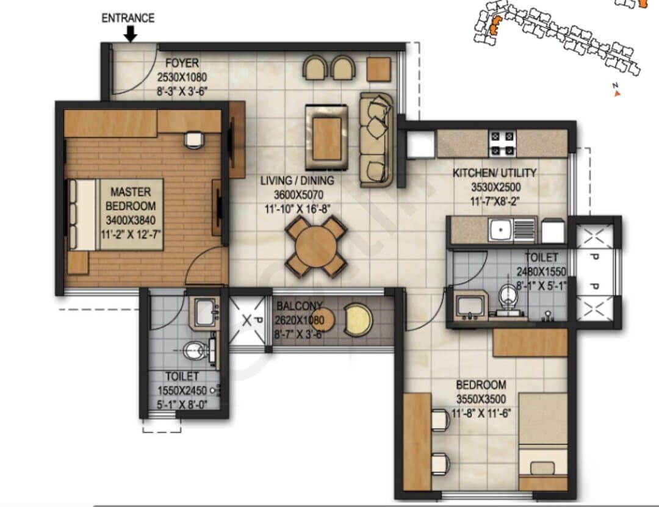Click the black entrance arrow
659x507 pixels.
131,34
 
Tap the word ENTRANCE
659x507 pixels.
128,18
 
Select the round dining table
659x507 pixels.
316,246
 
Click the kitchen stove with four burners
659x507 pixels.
502,143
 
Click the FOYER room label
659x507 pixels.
182,63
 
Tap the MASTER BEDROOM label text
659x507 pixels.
131,199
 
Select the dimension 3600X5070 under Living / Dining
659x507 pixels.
299,195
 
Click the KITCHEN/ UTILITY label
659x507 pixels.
495,173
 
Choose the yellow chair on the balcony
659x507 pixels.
359,320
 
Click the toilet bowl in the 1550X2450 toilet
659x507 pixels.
195,350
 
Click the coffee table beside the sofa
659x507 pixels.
326,138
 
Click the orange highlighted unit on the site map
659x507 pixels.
494,26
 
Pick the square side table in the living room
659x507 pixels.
379,69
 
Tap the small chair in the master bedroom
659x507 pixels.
194,140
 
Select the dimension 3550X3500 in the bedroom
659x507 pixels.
481,399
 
